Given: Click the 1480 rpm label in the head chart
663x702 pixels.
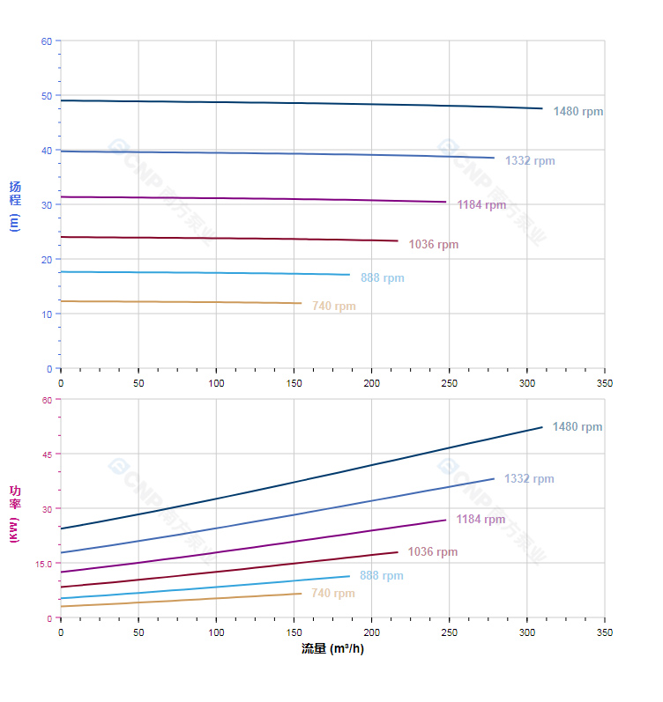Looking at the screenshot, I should pos(577,112).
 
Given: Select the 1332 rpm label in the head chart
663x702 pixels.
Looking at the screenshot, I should pos(530,161).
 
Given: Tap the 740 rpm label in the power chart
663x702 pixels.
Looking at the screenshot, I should pos(333,594).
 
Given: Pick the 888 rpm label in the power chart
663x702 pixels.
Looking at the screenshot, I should pos(381,576).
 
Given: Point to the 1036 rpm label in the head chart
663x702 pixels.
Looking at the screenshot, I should pos(434,245).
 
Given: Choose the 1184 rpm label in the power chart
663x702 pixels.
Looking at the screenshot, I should pos(480,520).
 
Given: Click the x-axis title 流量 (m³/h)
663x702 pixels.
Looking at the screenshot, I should pos(332,649).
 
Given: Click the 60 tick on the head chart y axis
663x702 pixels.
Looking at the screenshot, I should pos(46,41).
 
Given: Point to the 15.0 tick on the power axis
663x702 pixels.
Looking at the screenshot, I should pos(44,564).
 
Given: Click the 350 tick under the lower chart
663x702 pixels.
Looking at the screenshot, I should pos(604,632).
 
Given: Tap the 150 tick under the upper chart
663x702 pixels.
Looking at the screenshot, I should pos(294,383).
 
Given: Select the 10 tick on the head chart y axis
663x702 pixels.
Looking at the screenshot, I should pos(46,314).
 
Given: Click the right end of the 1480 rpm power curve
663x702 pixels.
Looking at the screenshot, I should pos(542,427).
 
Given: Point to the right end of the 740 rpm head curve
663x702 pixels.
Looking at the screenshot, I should pos(302,303).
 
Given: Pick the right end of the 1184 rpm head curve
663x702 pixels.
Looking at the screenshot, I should pos(446,202).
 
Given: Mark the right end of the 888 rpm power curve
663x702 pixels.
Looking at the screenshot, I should pos(349,576).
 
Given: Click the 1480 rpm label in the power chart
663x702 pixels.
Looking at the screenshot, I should pos(577,427).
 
